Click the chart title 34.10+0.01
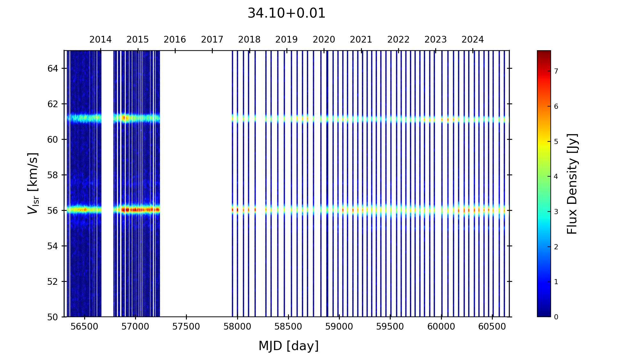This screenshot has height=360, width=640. tap(286, 13)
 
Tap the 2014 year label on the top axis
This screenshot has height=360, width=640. tap(100, 40)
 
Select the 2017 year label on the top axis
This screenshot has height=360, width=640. tap(212, 40)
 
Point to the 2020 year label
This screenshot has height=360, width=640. tap(324, 40)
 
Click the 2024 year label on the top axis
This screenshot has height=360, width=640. tap(473, 40)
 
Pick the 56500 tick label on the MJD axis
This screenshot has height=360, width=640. tap(84, 327)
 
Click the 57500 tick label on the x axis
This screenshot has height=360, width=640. tap(186, 327)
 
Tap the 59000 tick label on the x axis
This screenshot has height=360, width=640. tap(339, 327)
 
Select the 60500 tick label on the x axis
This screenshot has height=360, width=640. tap(492, 327)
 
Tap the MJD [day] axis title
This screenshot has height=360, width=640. tap(289, 346)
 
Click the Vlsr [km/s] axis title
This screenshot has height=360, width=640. tap(33, 183)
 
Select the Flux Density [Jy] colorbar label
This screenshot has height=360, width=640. tap(572, 184)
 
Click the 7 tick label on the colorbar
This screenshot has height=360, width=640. tap(556, 71)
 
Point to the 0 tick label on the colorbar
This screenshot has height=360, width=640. tap(556, 317)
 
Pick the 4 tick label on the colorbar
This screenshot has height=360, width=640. tap(556, 177)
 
